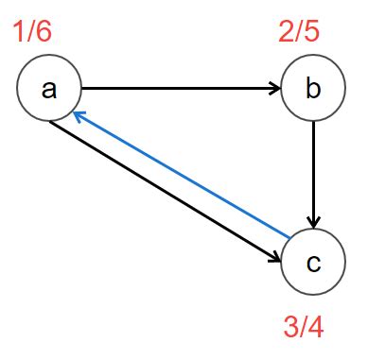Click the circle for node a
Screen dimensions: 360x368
coord(49,89)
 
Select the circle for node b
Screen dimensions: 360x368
coord(312,90)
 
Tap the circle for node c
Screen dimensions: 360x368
coord(313,262)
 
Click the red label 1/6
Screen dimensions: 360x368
coord(32,33)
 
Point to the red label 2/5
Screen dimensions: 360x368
coord(298,33)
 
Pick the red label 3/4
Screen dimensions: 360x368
coord(304,327)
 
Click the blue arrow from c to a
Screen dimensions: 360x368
coord(180,175)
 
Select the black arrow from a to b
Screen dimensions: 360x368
coord(180,90)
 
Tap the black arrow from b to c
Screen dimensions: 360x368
coord(312,175)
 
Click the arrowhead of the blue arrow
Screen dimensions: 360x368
coord(79,116)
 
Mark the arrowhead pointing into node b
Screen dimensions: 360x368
coord(275,90)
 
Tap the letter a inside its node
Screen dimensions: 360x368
coord(49,90)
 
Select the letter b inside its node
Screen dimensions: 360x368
coord(312,90)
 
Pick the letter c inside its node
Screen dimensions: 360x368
coord(313,263)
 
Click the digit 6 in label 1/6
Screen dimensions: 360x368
coord(45,33)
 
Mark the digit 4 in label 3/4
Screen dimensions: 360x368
coord(317,327)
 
